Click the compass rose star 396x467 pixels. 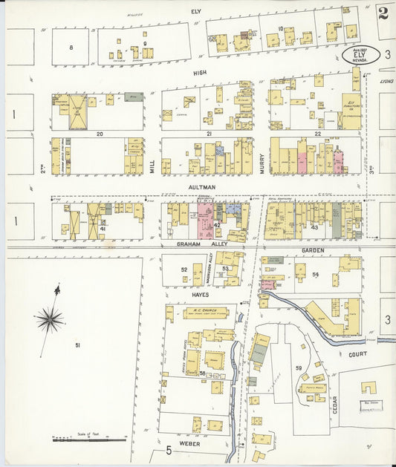click(49, 319)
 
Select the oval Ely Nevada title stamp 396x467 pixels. click(363, 54)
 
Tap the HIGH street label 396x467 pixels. click(199, 74)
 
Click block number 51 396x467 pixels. click(77, 345)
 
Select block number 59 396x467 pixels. click(299, 368)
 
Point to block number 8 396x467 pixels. click(71, 48)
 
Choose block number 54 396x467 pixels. click(316, 275)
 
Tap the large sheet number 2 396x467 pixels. click(383, 13)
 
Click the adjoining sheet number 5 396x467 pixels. click(169, 450)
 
